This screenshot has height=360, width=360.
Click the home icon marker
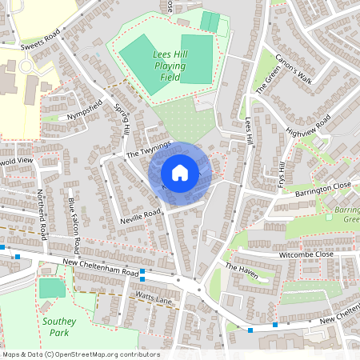click(x=180, y=173)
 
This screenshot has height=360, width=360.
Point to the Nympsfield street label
click(x=87, y=113)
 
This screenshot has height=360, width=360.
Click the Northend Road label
click(x=42, y=214)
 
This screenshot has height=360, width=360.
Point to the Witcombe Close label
click(x=306, y=254)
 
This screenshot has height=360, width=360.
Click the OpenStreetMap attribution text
click(x=80, y=354)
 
